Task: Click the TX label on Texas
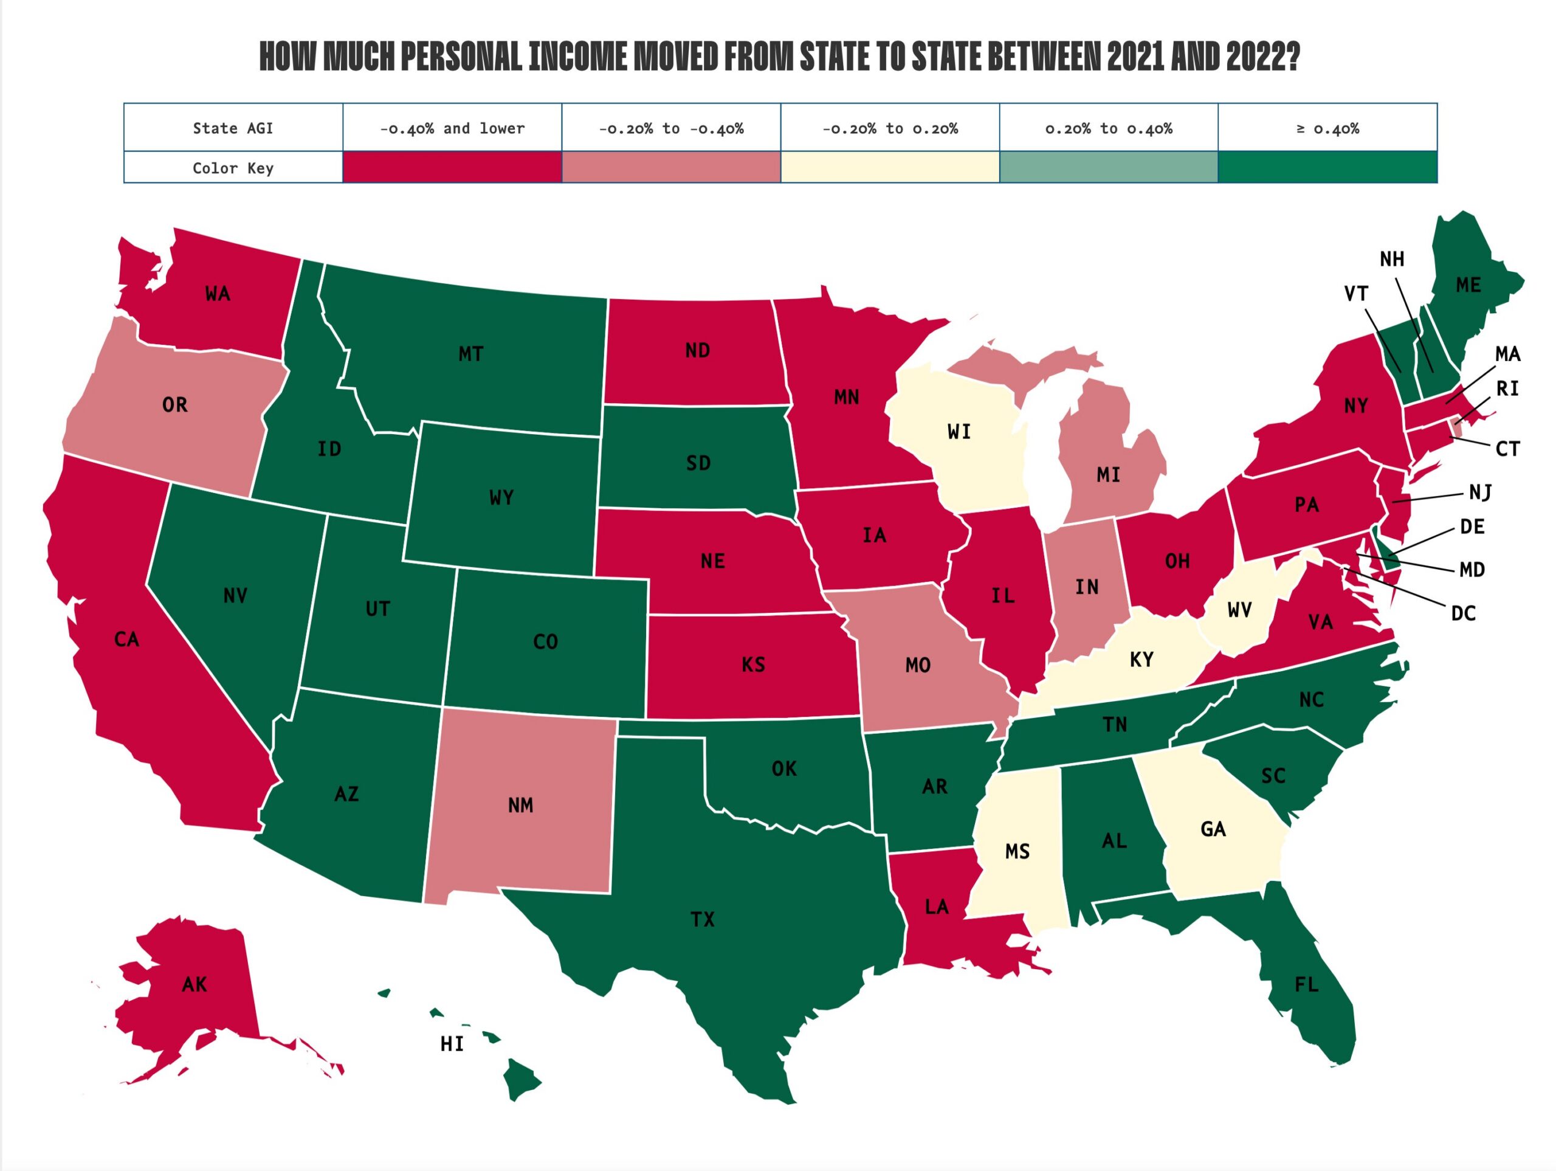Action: click(702, 919)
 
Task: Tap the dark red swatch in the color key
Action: click(452, 167)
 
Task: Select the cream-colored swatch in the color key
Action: click(889, 167)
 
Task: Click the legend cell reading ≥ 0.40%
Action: click(1327, 128)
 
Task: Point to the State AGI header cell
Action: click(233, 128)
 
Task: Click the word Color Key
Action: click(233, 168)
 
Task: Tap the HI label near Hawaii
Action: click(452, 1045)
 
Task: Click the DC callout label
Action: click(1463, 613)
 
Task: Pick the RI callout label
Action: click(1507, 389)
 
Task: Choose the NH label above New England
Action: click(1391, 260)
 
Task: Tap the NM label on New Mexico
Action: click(520, 805)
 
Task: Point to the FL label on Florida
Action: click(1306, 984)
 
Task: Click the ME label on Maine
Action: click(1468, 285)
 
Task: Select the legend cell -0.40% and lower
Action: click(452, 128)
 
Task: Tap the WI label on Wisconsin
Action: click(959, 432)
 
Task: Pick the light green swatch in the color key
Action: click(1108, 167)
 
